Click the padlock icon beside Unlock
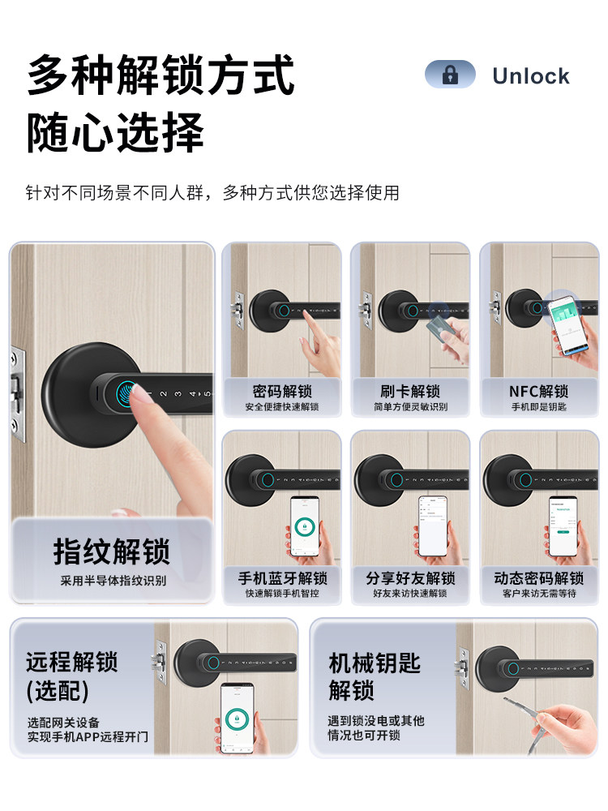tap(450, 75)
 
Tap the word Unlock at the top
tap(530, 76)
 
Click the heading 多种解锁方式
tap(161, 75)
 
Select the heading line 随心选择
tap(115, 131)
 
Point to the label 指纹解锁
tap(112, 551)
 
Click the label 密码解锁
tap(281, 391)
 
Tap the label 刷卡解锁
tap(410, 391)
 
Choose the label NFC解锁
tap(538, 391)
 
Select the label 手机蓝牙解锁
tap(281, 578)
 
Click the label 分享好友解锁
tap(410, 578)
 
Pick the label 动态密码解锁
tap(538, 578)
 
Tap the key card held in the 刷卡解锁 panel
tap(439, 326)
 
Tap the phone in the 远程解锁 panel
tap(238, 717)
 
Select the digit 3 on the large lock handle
tap(178, 395)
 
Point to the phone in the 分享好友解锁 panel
tap(432, 526)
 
